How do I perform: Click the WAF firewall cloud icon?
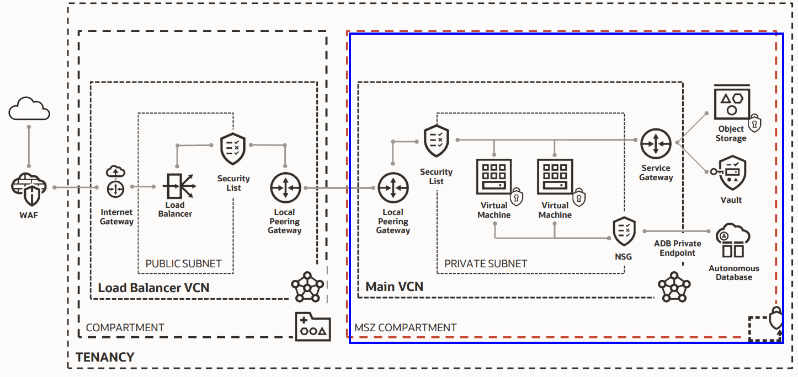point(29,188)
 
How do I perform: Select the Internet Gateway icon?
point(115,182)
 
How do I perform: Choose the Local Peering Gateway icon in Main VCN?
point(393,187)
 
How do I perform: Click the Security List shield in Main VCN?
point(436,141)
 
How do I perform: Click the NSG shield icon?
point(624,232)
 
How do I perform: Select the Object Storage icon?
point(732,103)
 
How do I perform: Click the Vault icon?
point(732,173)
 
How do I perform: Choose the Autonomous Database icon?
point(733,240)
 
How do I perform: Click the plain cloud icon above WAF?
point(29,109)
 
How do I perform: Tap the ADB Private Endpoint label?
point(678,248)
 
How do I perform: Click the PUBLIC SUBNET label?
point(183,263)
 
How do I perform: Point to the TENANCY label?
point(105,357)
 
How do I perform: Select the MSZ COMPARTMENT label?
point(405,327)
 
